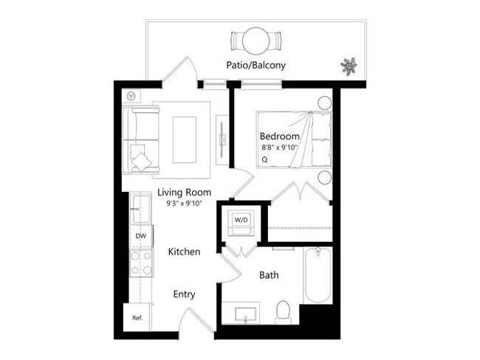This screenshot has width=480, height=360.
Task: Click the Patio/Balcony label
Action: (x=256, y=65)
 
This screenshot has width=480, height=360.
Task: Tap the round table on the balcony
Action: (x=256, y=38)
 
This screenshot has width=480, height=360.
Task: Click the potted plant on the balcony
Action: (x=347, y=66)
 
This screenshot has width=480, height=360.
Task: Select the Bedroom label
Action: (x=279, y=136)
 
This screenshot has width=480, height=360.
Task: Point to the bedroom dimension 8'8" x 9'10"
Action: (x=281, y=148)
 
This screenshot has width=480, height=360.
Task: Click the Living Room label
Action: (x=180, y=193)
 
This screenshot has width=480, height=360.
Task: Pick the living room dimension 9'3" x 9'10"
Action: (x=180, y=203)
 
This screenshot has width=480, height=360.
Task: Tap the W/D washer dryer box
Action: (x=241, y=221)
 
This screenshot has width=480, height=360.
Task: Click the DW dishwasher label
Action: (x=140, y=236)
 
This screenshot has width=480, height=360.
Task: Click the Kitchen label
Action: (x=184, y=252)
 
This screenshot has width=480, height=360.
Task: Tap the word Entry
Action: (x=184, y=294)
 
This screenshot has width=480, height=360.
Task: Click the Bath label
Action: (x=268, y=275)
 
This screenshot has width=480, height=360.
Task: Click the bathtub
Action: (x=318, y=276)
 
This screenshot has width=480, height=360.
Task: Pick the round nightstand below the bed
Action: (x=325, y=177)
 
